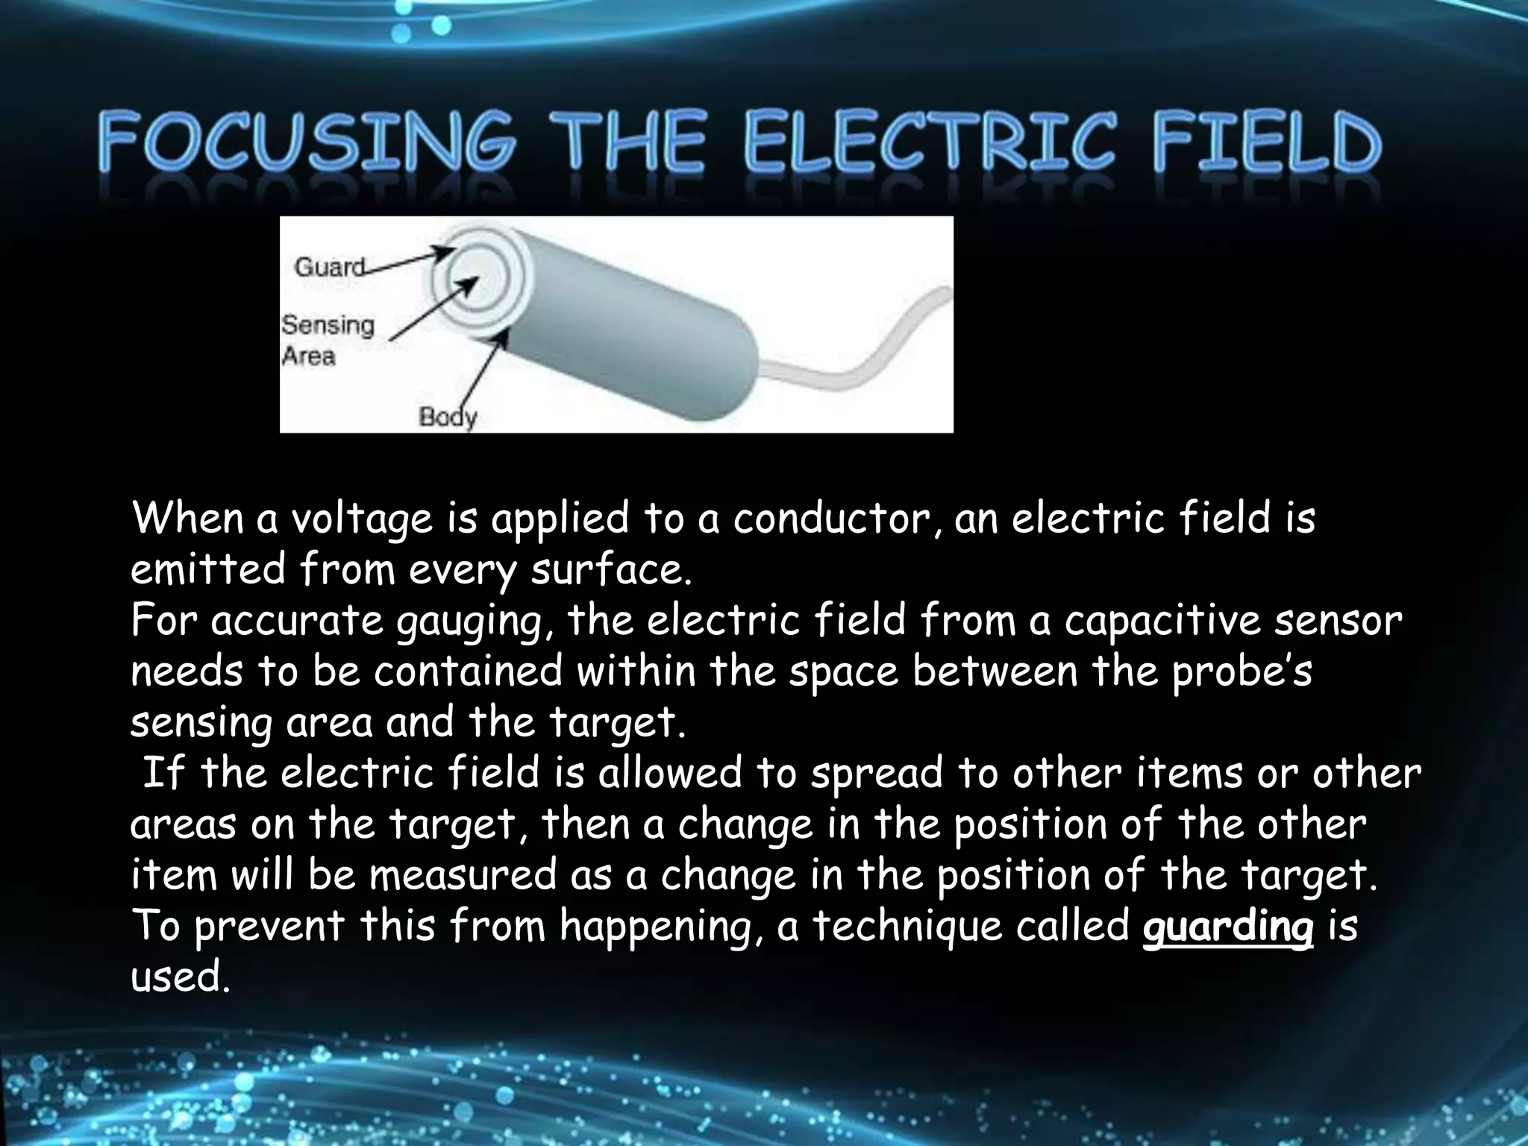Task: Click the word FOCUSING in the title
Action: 307,142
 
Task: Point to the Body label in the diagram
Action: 447,416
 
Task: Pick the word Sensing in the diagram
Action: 328,325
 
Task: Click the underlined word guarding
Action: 1227,927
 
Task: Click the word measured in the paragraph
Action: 463,875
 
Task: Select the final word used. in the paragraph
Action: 178,977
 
